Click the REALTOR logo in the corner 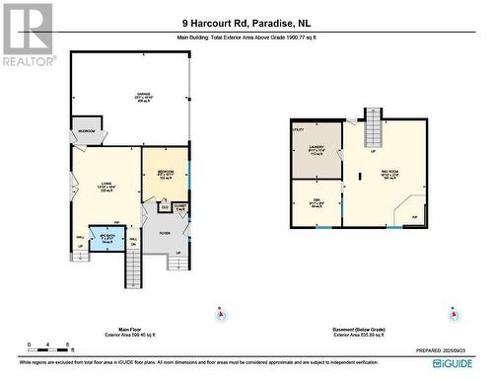[27, 35]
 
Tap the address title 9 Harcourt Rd [246, 23]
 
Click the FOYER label [164, 233]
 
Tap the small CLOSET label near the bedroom [179, 207]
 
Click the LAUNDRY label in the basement [317, 150]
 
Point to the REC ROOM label [391, 174]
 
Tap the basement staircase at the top [373, 129]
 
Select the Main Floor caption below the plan [119, 330]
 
